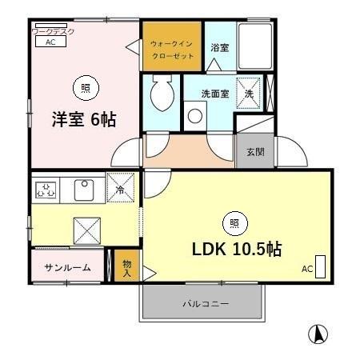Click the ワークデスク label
(53, 31)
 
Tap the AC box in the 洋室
(50, 42)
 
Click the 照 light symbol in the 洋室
(82, 85)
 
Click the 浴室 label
(219, 48)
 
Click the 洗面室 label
(214, 94)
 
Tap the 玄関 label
(255, 151)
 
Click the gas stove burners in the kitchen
(46, 190)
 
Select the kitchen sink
(84, 190)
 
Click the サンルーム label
(67, 266)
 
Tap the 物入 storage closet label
(127, 266)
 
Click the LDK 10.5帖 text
(235, 249)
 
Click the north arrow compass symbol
(318, 334)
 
